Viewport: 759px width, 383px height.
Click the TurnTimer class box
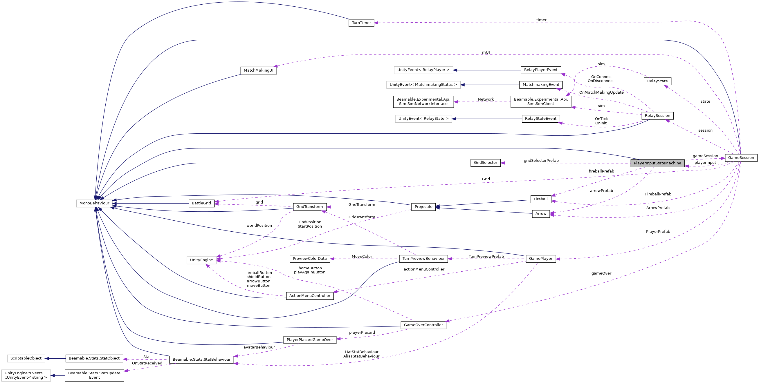(x=361, y=23)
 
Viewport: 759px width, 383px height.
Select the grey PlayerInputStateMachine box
(x=657, y=163)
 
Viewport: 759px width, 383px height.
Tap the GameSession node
(x=741, y=158)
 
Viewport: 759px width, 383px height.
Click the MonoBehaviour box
(x=94, y=204)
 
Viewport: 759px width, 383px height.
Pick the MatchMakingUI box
(x=258, y=70)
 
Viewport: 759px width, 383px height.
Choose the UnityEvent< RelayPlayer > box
(x=423, y=70)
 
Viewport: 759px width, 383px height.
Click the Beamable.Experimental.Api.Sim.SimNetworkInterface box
(x=423, y=101)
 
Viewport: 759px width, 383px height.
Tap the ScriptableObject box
(x=26, y=359)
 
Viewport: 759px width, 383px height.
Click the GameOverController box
(x=423, y=325)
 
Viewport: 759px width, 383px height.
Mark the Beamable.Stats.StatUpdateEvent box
(x=94, y=375)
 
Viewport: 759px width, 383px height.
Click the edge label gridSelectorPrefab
(x=541, y=160)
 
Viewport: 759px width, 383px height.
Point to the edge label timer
(x=541, y=20)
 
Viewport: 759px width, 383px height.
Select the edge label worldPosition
(x=259, y=226)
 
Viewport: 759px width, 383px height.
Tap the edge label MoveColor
(x=362, y=257)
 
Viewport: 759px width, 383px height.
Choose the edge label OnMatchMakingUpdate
(x=601, y=92)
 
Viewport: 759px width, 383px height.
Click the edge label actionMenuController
(x=424, y=269)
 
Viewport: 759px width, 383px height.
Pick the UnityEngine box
(x=201, y=260)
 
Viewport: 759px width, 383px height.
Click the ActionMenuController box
(x=310, y=296)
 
